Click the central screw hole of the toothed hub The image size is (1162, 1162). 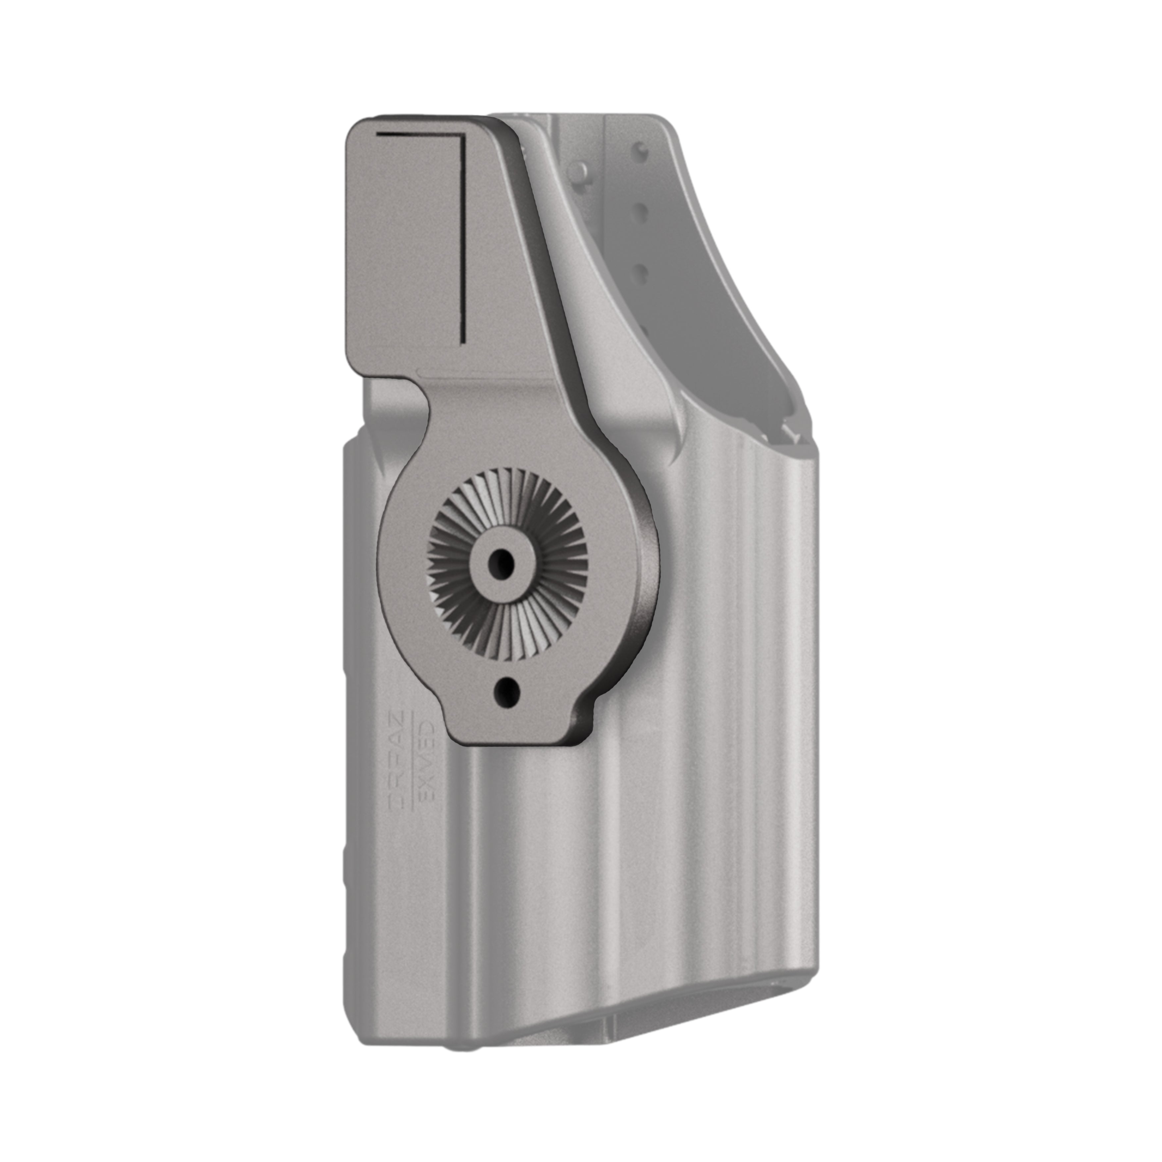(x=499, y=562)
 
